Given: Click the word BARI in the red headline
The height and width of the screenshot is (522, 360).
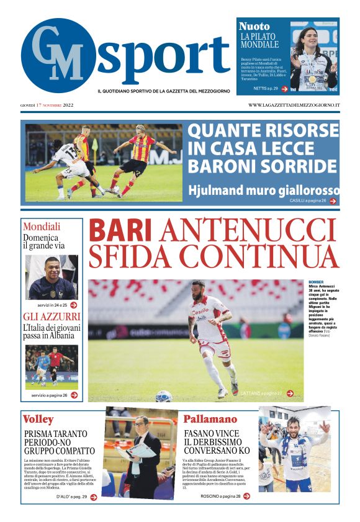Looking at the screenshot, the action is [x=120, y=231].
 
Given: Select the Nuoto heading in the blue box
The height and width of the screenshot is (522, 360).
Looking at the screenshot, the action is [x=254, y=26].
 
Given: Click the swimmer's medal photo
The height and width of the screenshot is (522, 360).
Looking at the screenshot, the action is [x=313, y=56].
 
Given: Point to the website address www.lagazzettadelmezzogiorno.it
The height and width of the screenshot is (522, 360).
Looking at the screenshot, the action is [x=294, y=105].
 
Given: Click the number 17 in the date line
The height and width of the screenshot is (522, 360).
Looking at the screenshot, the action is [x=39, y=105].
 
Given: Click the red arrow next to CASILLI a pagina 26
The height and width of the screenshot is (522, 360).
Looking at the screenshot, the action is [x=333, y=201].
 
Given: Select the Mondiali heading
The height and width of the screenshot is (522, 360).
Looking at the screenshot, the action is [x=42, y=227].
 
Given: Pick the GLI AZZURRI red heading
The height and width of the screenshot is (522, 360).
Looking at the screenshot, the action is [x=52, y=317].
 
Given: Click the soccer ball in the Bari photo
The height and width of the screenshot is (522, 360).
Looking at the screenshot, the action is [x=164, y=395].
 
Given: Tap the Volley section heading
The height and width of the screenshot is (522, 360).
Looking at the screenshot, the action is [x=38, y=419].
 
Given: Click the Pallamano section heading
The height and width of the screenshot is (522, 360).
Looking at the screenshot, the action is [x=209, y=419].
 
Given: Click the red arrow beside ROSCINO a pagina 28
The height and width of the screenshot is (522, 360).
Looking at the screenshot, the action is [x=246, y=496].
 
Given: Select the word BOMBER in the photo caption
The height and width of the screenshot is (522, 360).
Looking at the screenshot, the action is [x=316, y=282].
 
